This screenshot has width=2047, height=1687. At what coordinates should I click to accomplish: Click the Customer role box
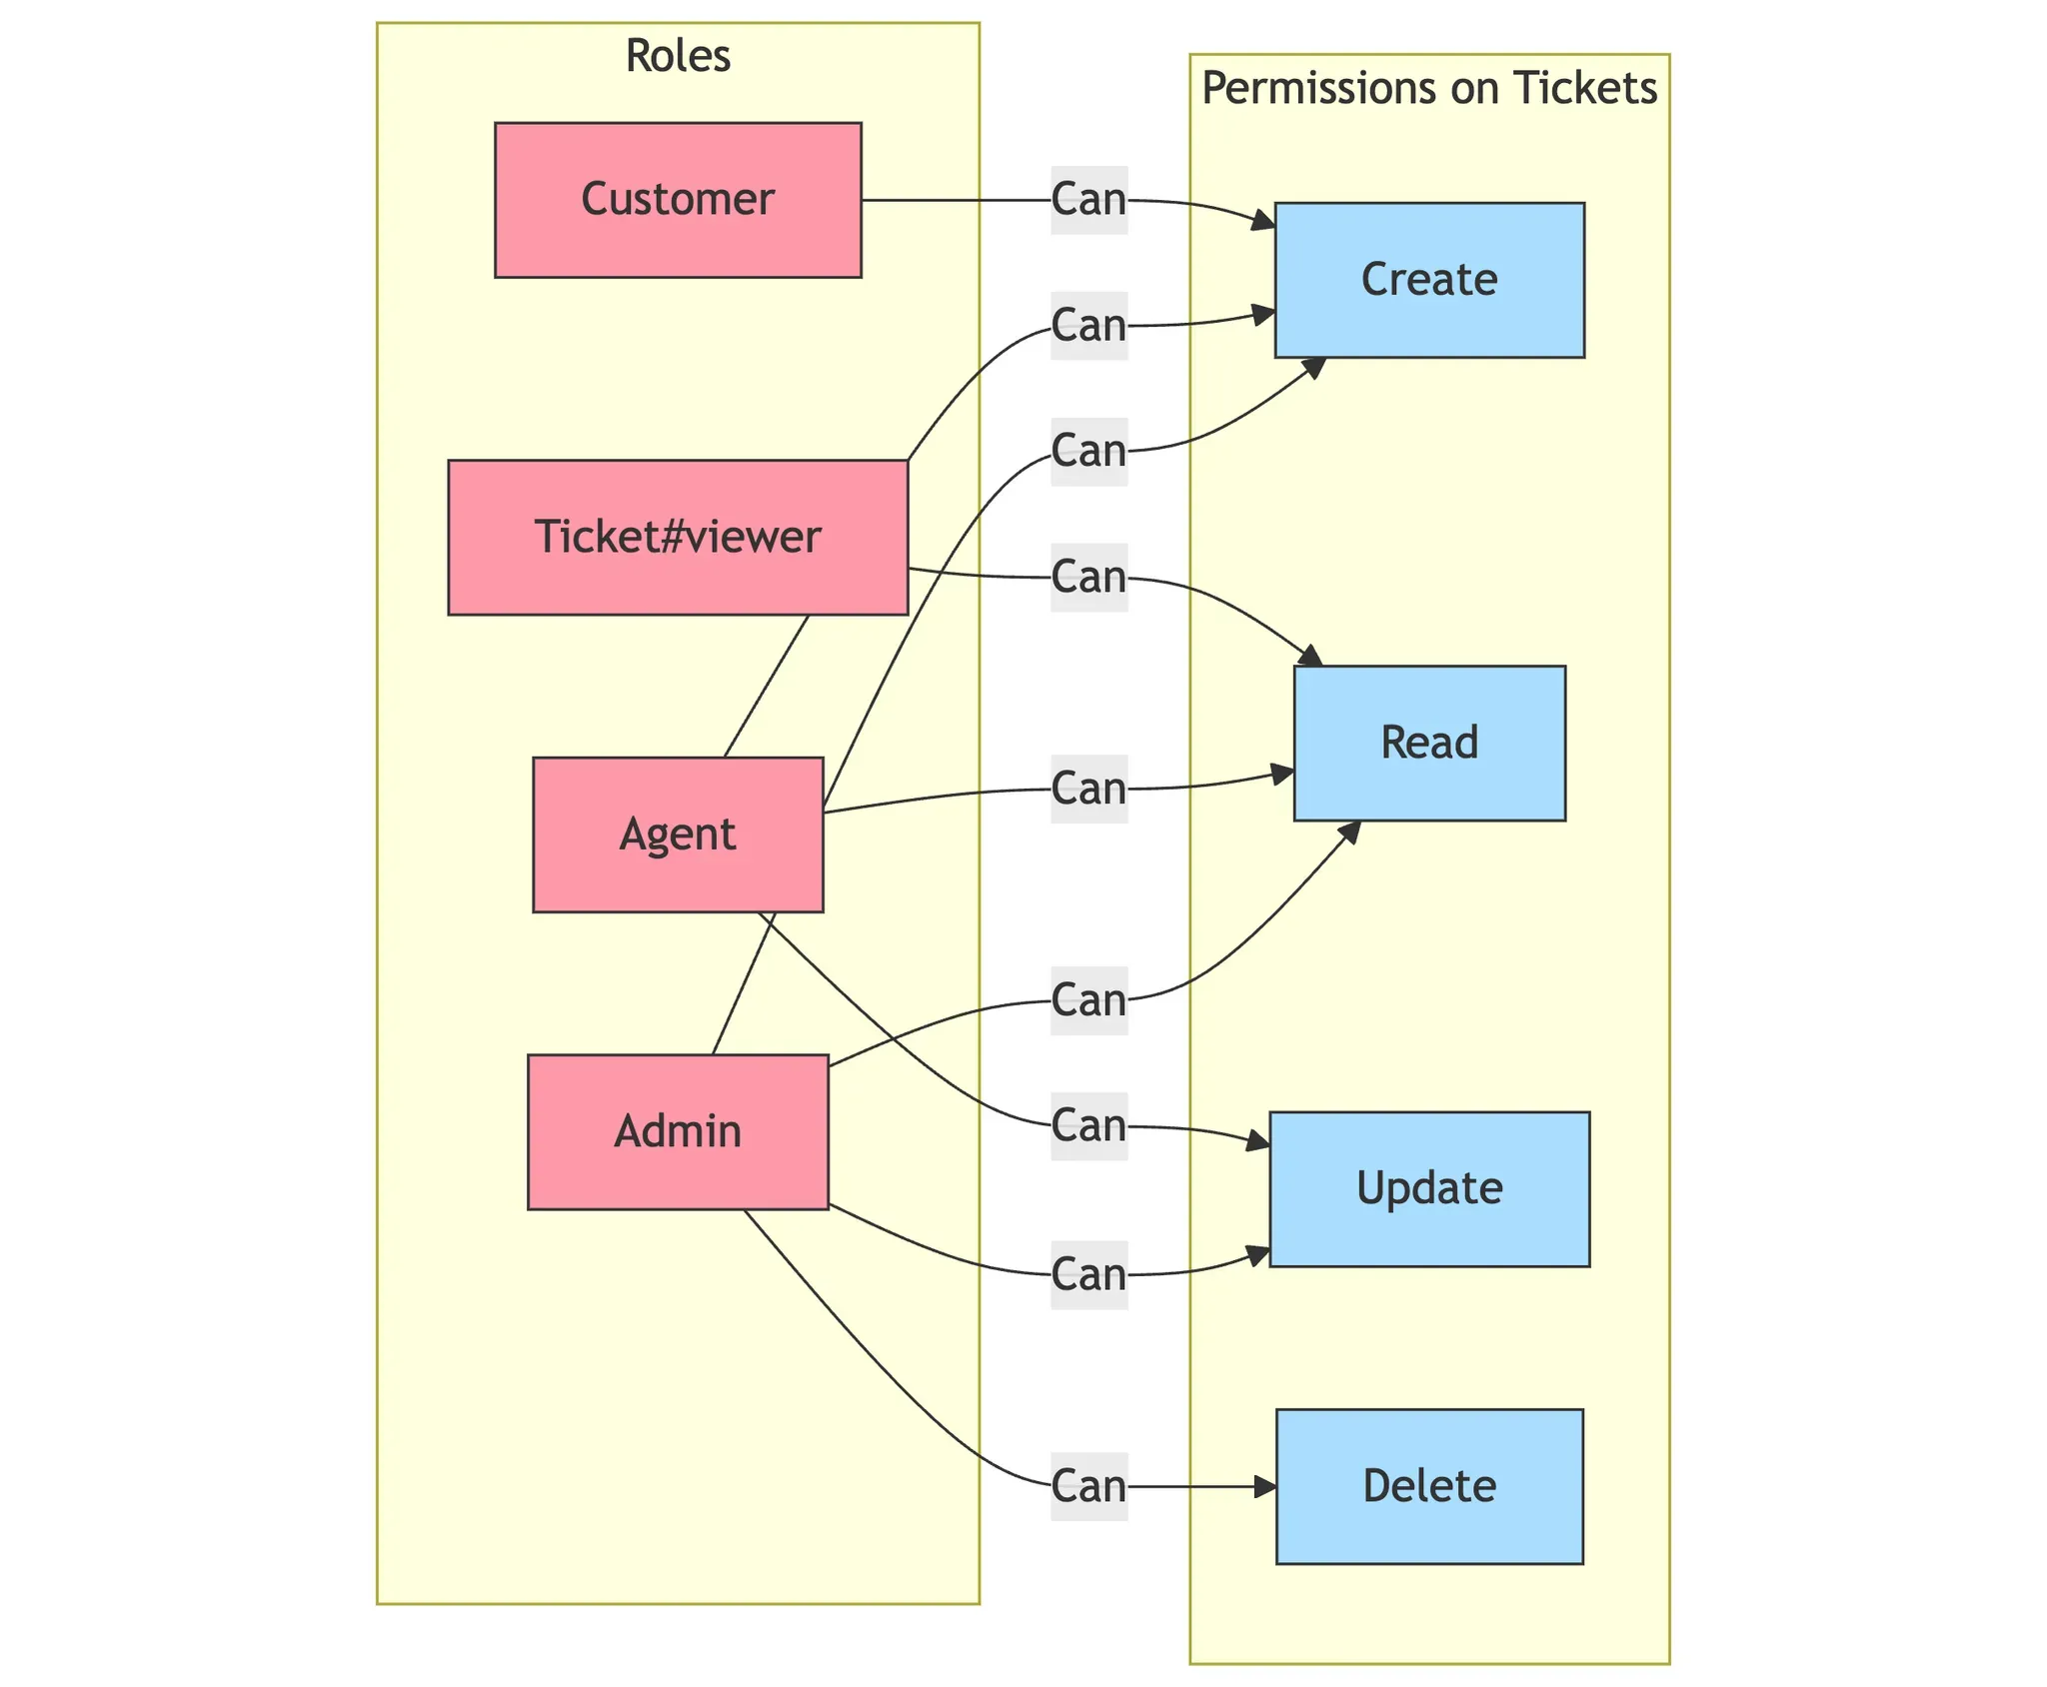[x=678, y=200]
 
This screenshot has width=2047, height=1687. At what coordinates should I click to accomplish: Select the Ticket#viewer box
[x=678, y=537]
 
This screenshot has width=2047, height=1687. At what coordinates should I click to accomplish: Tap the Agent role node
[x=678, y=835]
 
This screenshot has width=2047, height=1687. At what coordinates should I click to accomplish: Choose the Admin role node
[x=678, y=1131]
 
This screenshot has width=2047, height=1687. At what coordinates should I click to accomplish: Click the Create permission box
[x=1429, y=280]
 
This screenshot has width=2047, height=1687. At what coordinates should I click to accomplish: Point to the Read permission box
[x=1429, y=743]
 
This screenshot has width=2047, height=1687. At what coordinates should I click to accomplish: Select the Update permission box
[x=1429, y=1188]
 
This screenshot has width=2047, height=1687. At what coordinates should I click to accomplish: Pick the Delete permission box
[x=1429, y=1486]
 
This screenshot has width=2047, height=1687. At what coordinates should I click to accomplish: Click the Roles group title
[x=678, y=57]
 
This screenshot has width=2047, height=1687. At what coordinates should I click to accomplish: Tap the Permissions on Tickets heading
[x=1429, y=89]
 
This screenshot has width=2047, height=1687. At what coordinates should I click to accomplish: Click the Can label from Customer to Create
[x=1089, y=200]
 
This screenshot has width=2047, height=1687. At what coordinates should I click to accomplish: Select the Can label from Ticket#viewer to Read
[x=1089, y=578]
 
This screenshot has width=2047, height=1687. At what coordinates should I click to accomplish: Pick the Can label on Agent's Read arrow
[x=1089, y=789]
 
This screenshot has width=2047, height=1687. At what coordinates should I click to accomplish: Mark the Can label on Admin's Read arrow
[x=1089, y=1000]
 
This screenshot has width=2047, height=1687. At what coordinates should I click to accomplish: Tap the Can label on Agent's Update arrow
[x=1089, y=1126]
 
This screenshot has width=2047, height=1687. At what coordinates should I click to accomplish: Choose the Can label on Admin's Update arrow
[x=1089, y=1274]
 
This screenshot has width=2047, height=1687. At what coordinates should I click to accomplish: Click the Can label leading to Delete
[x=1089, y=1486]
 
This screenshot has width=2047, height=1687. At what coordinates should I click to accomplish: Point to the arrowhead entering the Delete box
[x=1267, y=1487]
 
